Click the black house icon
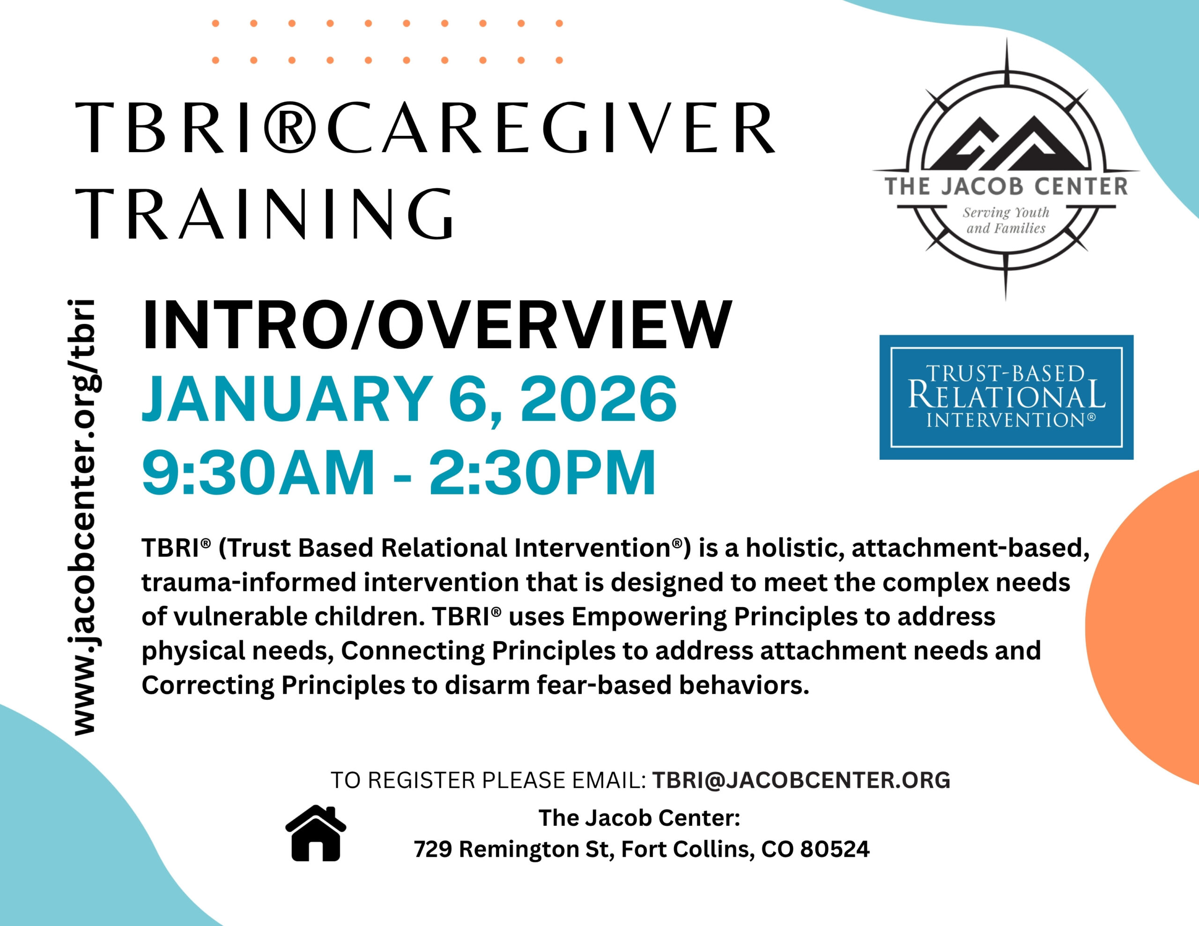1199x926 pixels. tap(316, 833)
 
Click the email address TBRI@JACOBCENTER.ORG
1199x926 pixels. tap(801, 780)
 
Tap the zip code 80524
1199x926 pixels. tap(835, 849)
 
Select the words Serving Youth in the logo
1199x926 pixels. tap(1006, 213)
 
